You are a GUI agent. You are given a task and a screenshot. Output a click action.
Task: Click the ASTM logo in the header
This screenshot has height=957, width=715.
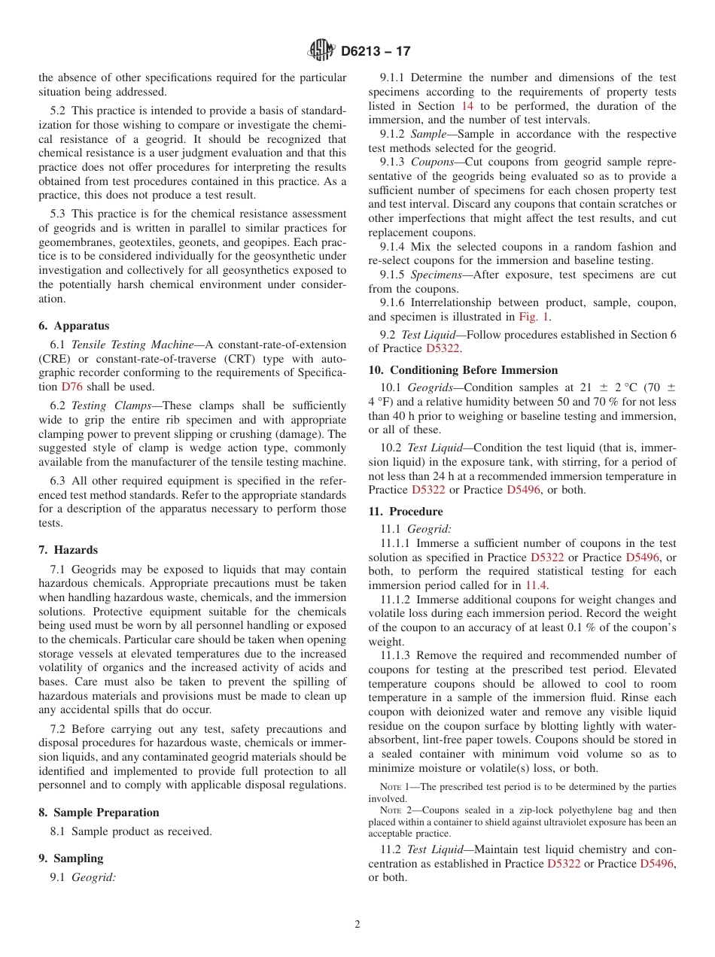click(321, 51)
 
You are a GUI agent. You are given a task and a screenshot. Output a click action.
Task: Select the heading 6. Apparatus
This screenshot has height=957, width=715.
click(74, 326)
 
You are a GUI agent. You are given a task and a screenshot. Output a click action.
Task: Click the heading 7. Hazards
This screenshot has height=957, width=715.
click(68, 550)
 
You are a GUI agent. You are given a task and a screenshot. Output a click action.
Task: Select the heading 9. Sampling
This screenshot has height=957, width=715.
click(71, 858)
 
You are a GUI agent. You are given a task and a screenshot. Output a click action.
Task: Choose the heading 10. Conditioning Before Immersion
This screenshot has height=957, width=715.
click(463, 370)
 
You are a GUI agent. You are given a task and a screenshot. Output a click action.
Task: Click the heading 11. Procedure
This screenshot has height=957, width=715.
click(406, 512)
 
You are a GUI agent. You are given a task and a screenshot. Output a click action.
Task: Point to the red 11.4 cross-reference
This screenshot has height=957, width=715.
click(536, 585)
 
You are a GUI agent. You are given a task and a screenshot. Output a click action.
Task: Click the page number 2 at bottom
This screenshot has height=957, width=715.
click(357, 925)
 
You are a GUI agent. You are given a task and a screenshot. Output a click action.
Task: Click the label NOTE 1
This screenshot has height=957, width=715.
click(396, 787)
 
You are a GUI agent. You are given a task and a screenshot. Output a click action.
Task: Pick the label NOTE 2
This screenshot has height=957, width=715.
click(396, 810)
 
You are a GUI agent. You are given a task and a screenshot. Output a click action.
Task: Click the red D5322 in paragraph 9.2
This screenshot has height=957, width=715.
click(443, 348)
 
